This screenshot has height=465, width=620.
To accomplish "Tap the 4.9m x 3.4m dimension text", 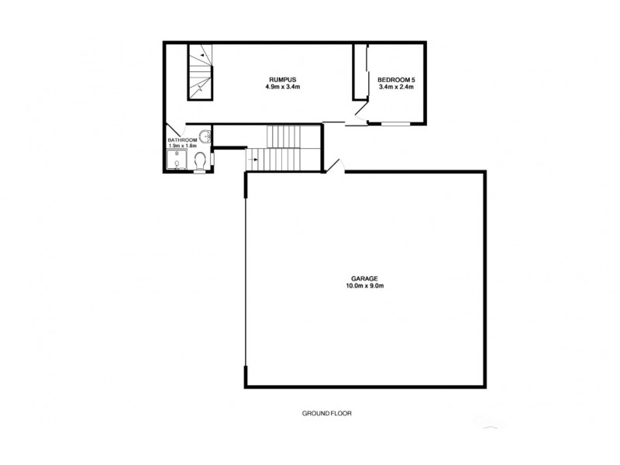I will [x=282, y=88].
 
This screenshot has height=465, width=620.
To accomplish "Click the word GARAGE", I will [x=364, y=278].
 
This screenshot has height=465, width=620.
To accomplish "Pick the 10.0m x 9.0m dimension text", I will [x=364, y=286].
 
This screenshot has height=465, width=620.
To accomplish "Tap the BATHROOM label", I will [x=183, y=140].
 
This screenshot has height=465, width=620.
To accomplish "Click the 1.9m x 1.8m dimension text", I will [x=183, y=146].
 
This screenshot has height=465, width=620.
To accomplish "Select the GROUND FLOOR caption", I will [x=327, y=414].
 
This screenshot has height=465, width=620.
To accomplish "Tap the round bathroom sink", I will [x=204, y=136].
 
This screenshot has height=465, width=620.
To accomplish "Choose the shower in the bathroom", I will [x=176, y=159].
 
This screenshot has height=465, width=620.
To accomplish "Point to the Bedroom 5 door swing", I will [x=358, y=114].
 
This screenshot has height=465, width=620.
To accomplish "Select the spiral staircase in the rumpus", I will [x=201, y=71].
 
